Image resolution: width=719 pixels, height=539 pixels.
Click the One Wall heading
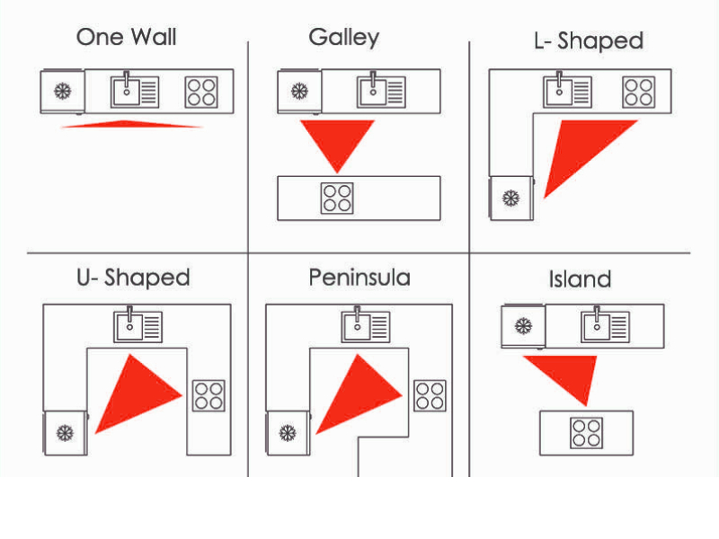(x=126, y=37)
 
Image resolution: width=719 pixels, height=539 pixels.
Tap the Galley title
(x=344, y=38)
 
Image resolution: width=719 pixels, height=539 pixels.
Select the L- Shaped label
(x=589, y=41)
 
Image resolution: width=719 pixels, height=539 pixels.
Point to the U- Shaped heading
(x=133, y=278)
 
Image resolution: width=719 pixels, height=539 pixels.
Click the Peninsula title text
(x=359, y=278)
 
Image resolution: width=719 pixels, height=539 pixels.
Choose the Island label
(x=580, y=279)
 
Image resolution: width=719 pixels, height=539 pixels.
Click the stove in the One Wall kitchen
(x=201, y=93)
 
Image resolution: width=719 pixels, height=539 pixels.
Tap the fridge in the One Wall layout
(x=62, y=92)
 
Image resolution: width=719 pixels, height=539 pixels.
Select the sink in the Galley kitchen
(x=381, y=91)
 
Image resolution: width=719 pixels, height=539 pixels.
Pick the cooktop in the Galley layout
(x=337, y=198)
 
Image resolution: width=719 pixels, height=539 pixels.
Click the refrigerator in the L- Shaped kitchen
(x=511, y=198)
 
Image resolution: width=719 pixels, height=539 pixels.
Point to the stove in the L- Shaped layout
(x=639, y=93)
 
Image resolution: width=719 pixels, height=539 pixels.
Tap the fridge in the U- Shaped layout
(x=65, y=433)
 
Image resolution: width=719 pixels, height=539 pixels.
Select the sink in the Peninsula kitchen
(x=366, y=325)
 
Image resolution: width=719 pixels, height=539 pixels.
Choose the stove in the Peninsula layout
(x=430, y=395)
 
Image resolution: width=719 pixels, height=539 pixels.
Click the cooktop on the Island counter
(x=587, y=433)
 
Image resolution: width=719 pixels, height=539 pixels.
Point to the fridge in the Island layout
(x=523, y=326)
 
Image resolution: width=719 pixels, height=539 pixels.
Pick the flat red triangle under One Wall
(x=131, y=124)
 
